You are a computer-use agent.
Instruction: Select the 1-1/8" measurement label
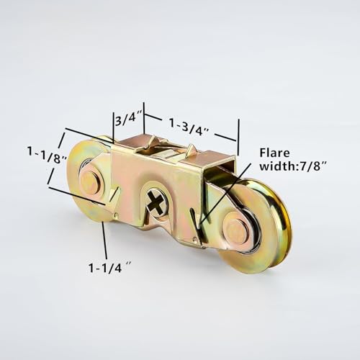pos(47,155)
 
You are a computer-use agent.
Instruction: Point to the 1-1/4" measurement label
pos(109,268)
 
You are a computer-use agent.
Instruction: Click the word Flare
pos(275,153)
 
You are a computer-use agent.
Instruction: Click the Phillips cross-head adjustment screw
pos(156,203)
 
